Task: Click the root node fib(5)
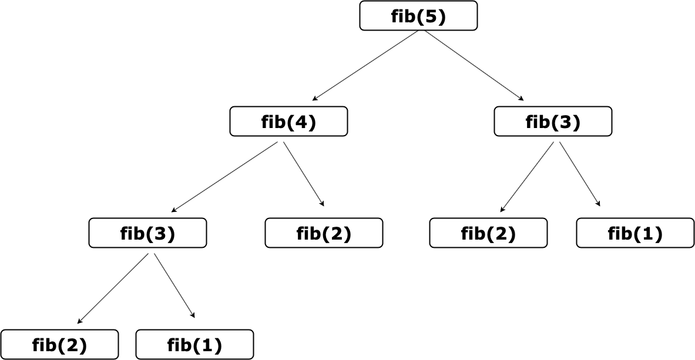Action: [418, 16]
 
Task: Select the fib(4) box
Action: [288, 122]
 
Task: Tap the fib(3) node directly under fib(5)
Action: [553, 122]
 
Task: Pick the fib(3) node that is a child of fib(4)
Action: [147, 233]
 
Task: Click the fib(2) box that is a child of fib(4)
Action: [324, 233]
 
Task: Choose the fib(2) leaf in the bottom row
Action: [59, 345]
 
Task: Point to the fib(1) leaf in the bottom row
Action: [194, 345]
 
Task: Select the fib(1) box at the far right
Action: [635, 233]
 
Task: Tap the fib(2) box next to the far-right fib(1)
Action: [488, 233]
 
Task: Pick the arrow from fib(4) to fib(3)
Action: [224, 177]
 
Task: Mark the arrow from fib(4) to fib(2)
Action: [304, 174]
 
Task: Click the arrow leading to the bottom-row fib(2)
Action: [112, 289]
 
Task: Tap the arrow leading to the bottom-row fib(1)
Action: [174, 286]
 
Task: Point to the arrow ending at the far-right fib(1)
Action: [580, 174]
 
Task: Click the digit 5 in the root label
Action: [432, 16]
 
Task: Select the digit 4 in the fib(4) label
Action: [302, 122]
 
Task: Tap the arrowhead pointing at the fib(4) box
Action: [315, 99]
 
